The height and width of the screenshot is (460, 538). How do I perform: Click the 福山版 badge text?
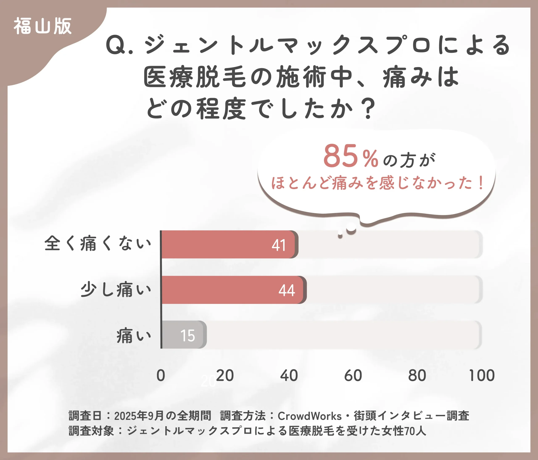pyautogui.click(x=43, y=26)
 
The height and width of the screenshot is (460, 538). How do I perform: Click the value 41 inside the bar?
pyautogui.click(x=279, y=245)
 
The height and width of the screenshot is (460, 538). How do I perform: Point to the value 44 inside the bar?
pyautogui.click(x=287, y=290)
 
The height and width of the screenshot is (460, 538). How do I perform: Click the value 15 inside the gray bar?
pyautogui.click(x=187, y=336)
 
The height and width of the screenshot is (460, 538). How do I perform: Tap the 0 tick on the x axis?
pyautogui.click(x=161, y=375)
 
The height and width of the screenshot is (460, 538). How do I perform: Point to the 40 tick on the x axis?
pyautogui.click(x=289, y=375)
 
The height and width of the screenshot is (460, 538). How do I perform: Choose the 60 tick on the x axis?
pyautogui.click(x=353, y=375)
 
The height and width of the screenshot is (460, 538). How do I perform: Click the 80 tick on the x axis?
pyautogui.click(x=417, y=375)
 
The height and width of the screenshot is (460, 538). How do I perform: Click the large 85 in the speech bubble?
pyautogui.click(x=340, y=156)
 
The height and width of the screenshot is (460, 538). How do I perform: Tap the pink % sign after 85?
pyautogui.click(x=371, y=159)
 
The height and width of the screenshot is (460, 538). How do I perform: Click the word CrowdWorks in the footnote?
pyautogui.click(x=310, y=416)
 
